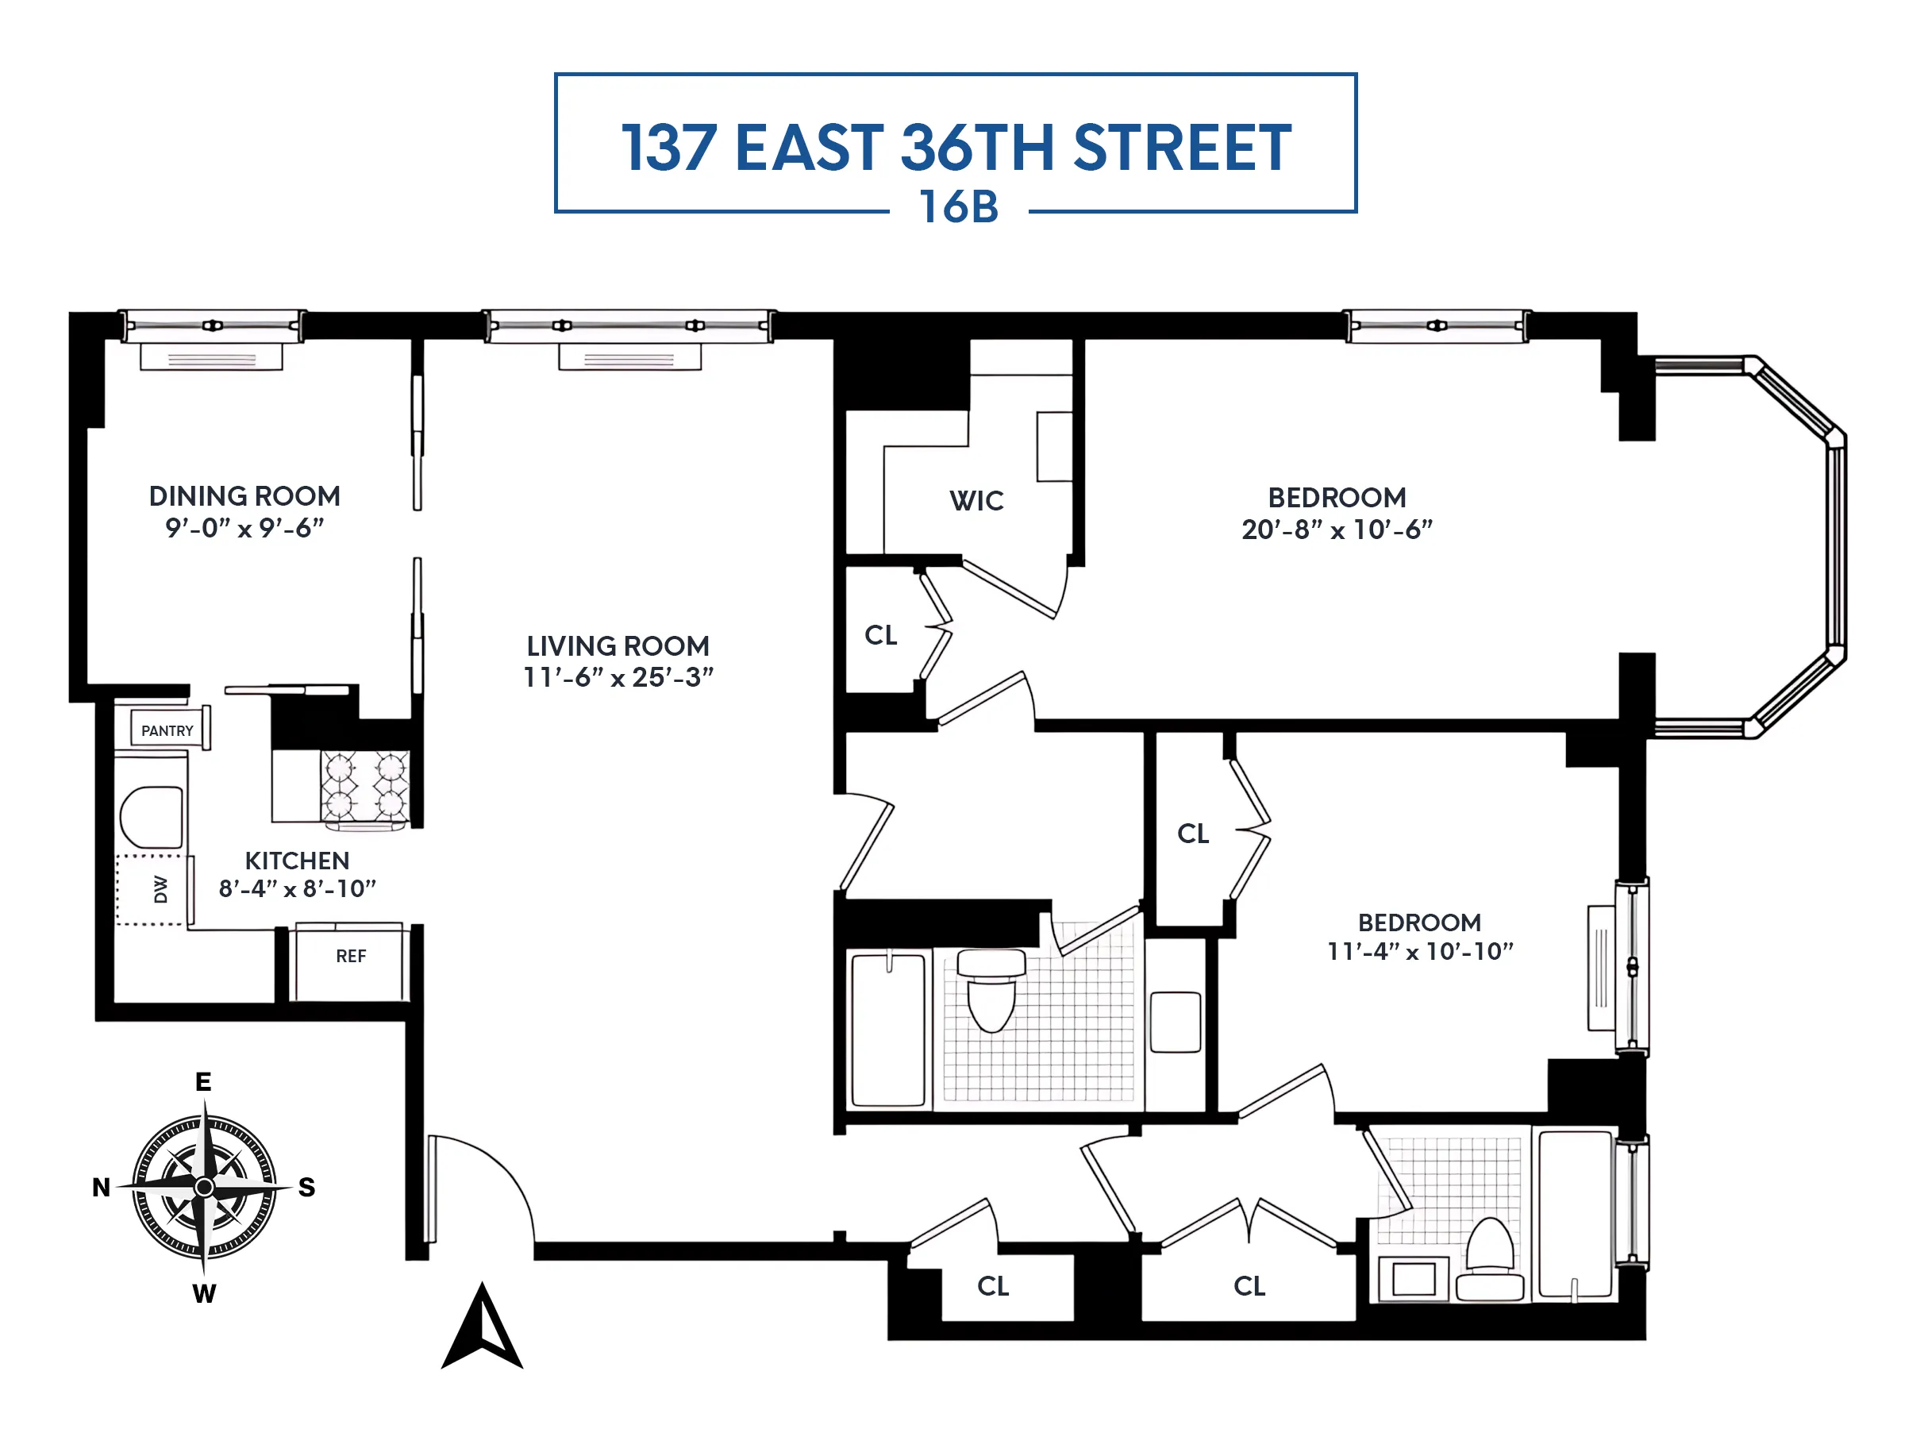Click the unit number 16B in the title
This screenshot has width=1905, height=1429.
point(959,206)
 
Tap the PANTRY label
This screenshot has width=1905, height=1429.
point(167,730)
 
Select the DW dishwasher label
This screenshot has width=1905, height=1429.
point(160,889)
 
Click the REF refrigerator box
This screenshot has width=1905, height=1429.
point(350,961)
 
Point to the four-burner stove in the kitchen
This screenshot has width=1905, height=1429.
point(365,786)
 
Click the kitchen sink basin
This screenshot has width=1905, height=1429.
point(152,818)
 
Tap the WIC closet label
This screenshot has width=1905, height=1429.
point(976,500)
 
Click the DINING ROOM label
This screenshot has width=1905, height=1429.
point(244,496)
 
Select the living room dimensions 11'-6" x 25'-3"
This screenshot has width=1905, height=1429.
point(618,677)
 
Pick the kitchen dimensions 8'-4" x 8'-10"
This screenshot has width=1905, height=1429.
point(297,888)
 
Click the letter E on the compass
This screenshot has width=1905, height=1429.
point(203,1082)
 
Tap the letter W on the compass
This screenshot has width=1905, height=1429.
point(204,1294)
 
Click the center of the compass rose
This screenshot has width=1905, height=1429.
point(204,1187)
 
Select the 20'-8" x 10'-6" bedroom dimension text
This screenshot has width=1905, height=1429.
point(1337,529)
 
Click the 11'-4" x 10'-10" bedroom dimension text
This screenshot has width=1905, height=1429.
point(1420,951)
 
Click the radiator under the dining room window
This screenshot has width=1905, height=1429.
point(211,357)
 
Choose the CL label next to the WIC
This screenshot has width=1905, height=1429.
point(881,635)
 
